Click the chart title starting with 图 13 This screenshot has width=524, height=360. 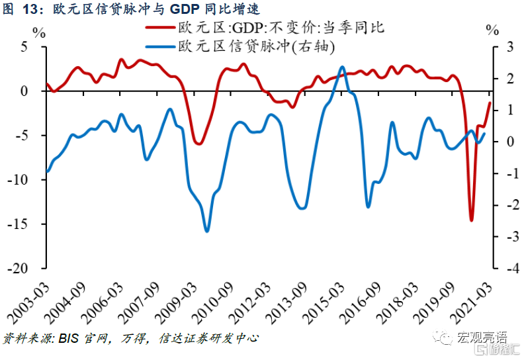132,9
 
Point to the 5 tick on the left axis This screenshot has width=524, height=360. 24,47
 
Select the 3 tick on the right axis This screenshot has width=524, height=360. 509,47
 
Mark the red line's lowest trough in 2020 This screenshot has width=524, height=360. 472,220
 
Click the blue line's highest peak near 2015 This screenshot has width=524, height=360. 342,67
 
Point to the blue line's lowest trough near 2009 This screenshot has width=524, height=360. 206,231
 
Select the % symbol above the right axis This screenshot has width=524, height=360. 492,30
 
